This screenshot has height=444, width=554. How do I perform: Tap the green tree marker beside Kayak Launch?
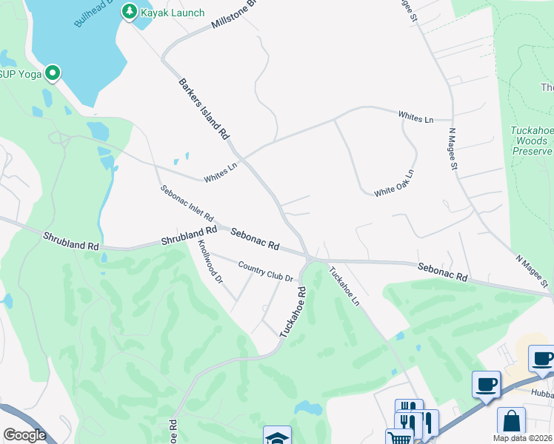coord(130,12)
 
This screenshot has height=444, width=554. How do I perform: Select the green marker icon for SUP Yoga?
coord(53,73)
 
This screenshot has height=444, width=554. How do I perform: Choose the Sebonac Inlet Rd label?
coord(187,204)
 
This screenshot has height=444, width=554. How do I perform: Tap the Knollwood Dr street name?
coord(210,262)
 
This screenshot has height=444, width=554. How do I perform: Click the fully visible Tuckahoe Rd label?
coord(293,313)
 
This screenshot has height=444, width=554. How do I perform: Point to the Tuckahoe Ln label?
coord(344,288)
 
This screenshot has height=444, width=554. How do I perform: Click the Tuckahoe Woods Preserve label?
coord(532,141)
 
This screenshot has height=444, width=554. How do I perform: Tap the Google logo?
coord(24,435)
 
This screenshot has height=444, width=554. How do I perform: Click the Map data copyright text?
coord(523,438)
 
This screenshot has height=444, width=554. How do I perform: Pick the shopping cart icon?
coord(399,438)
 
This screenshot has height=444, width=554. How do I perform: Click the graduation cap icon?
coord(277,437)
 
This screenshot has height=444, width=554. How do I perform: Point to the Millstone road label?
coord(233,14)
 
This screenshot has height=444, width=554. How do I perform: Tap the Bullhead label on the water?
coord(93,14)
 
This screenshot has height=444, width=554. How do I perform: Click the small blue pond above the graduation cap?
coord(307,408)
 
